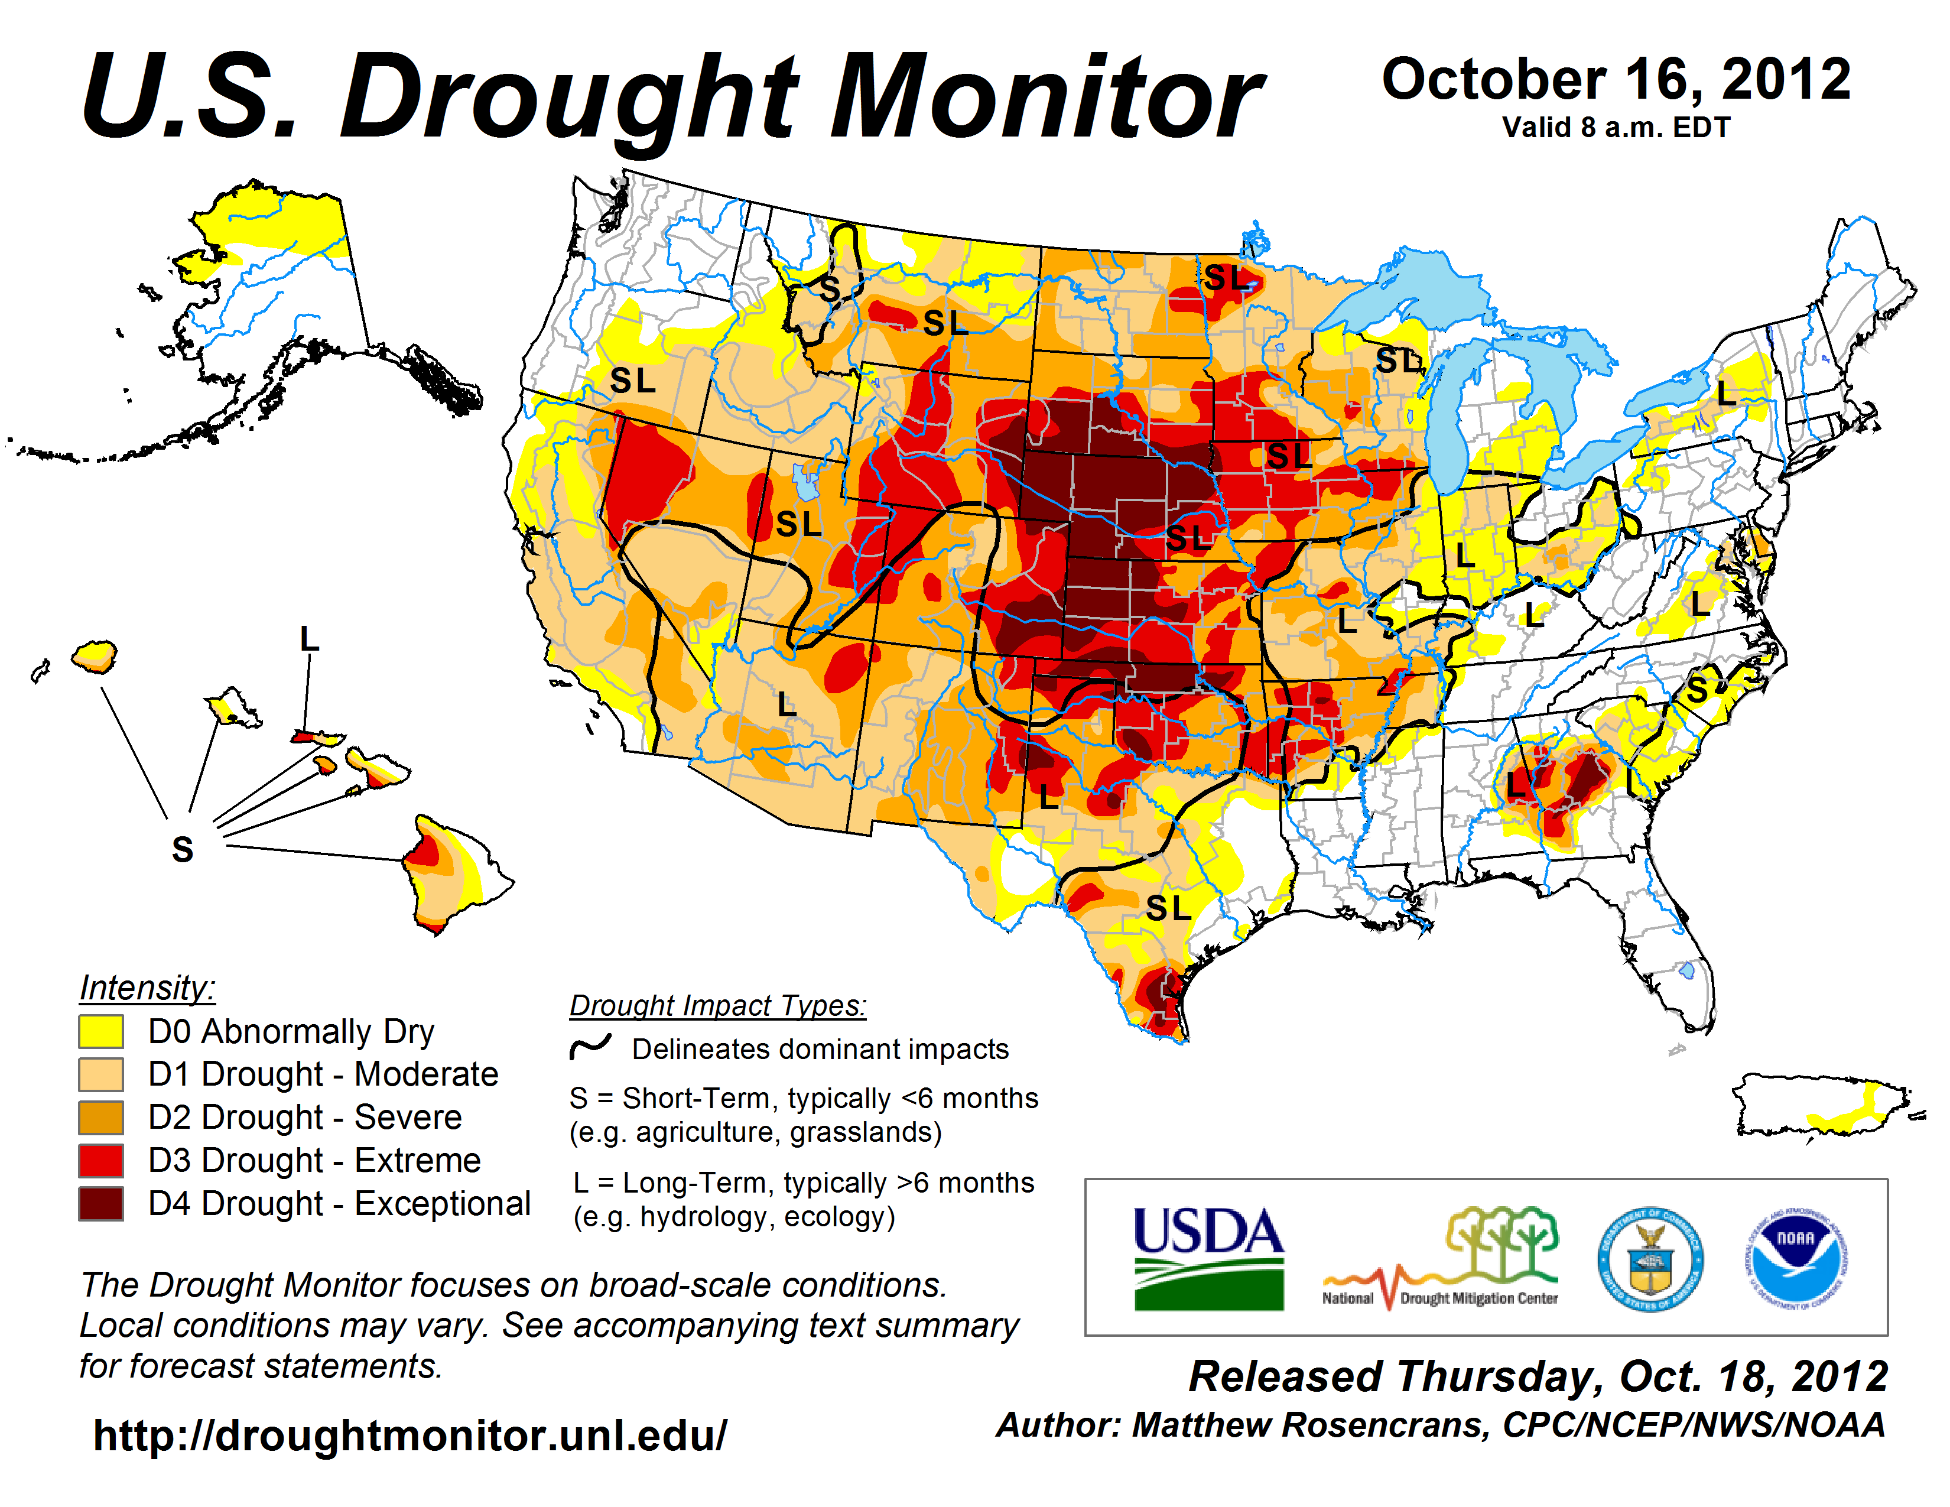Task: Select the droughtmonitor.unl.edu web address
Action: coord(410,1435)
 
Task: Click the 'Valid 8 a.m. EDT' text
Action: coord(1616,128)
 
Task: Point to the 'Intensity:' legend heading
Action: coord(147,988)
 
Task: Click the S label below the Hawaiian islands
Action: coord(182,849)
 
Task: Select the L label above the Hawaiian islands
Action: coord(309,639)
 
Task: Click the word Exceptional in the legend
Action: coord(442,1203)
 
